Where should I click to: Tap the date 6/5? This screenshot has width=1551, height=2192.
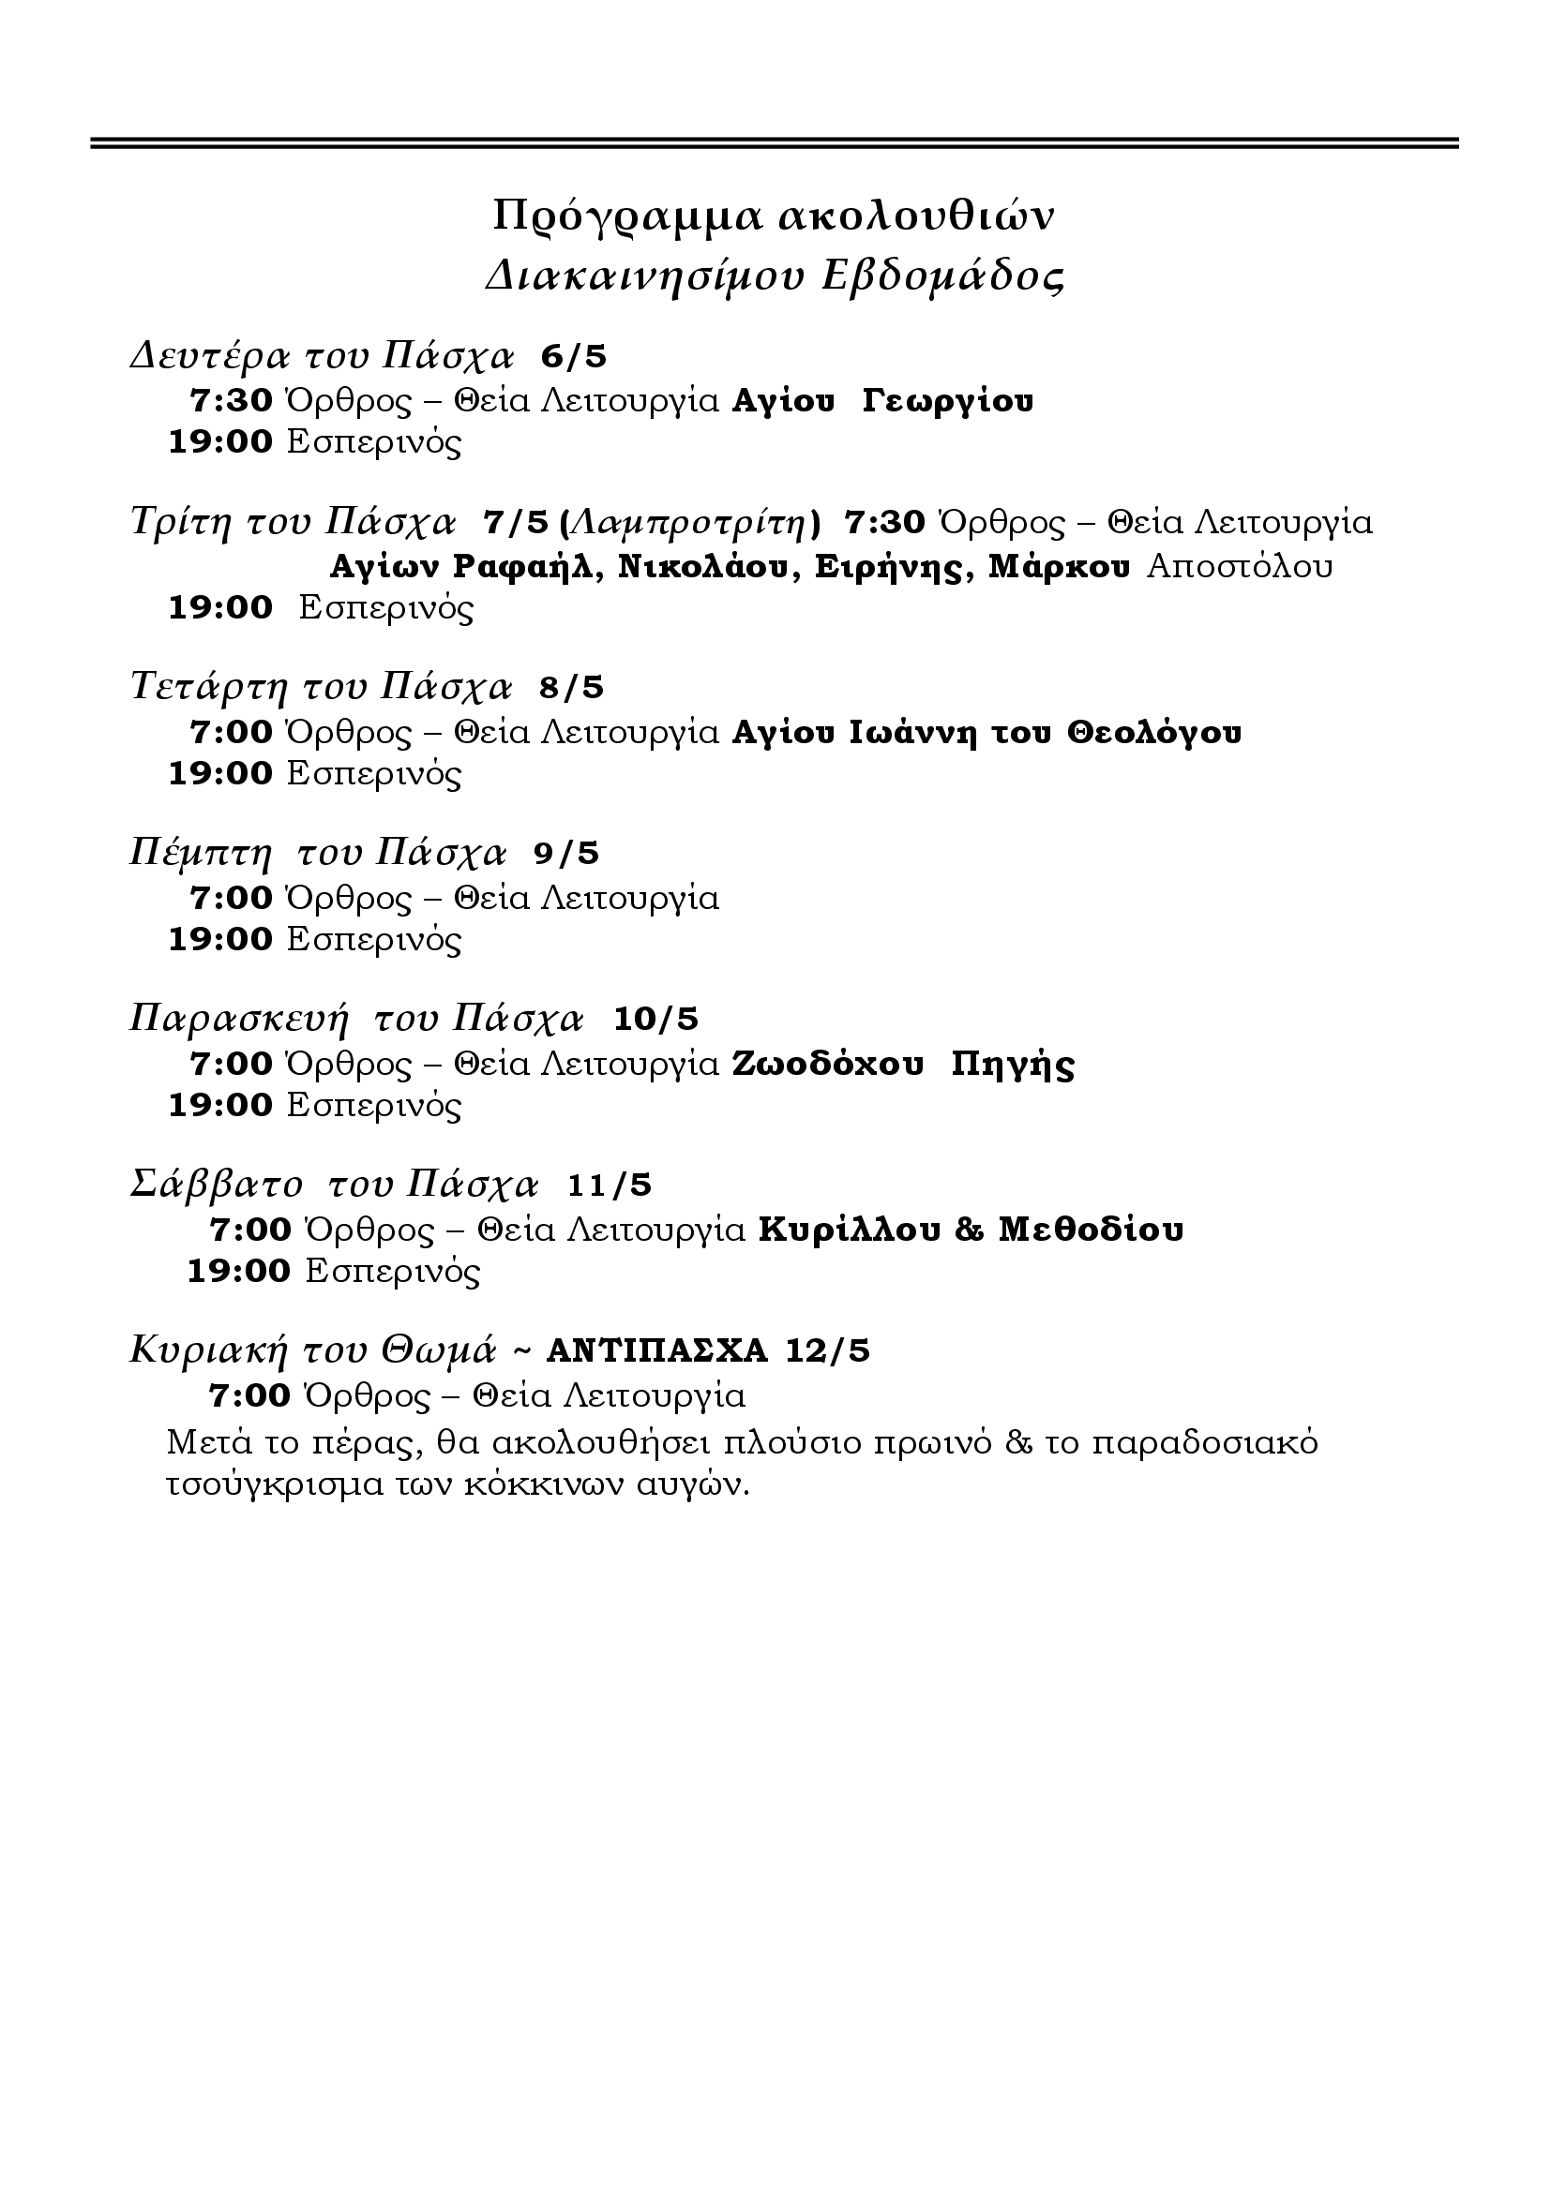click(574, 357)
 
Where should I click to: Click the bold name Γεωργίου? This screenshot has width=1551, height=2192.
click(947, 401)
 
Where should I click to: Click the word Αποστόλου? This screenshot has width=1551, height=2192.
click(1240, 567)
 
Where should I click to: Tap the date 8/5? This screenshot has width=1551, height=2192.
click(572, 687)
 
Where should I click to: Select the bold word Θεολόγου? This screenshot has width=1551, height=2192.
click(1154, 732)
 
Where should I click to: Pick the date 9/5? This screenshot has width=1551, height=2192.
click(566, 854)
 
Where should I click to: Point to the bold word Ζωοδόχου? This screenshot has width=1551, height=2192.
click(828, 1064)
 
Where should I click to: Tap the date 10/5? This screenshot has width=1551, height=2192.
click(656, 1019)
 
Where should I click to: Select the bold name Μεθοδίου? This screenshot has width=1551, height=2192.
click(1091, 1230)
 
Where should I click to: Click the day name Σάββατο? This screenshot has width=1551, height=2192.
click(216, 1185)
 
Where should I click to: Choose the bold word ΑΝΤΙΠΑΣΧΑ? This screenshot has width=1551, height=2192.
click(657, 1351)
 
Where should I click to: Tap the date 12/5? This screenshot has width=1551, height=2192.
click(828, 1351)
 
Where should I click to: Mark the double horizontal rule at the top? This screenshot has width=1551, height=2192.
click(775, 143)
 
